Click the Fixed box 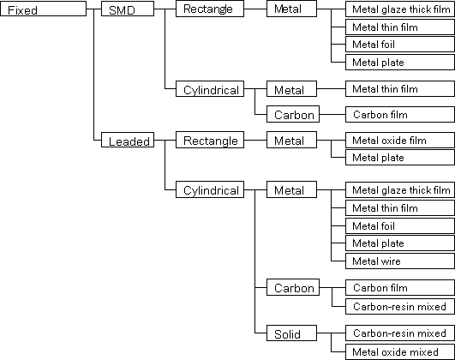[x=43, y=9]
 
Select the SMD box [x=128, y=9]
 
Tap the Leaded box [x=128, y=140]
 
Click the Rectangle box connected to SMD [x=210, y=9]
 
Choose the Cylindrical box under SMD [x=210, y=88]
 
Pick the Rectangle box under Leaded [x=210, y=140]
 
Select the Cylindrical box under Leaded [x=210, y=189]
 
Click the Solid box [x=291, y=333]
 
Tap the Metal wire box [x=400, y=261]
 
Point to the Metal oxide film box [x=400, y=141]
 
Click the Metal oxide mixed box [x=400, y=352]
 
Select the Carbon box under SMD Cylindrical [x=293, y=114]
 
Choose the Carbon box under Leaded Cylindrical [x=293, y=287]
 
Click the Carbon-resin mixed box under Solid [x=400, y=333]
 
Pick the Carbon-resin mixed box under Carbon [x=400, y=306]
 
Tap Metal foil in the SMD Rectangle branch [x=400, y=44]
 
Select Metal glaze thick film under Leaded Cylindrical [x=400, y=190]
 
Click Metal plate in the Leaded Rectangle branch [x=400, y=158]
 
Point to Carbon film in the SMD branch [x=400, y=114]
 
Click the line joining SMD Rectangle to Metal [x=255, y=9]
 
